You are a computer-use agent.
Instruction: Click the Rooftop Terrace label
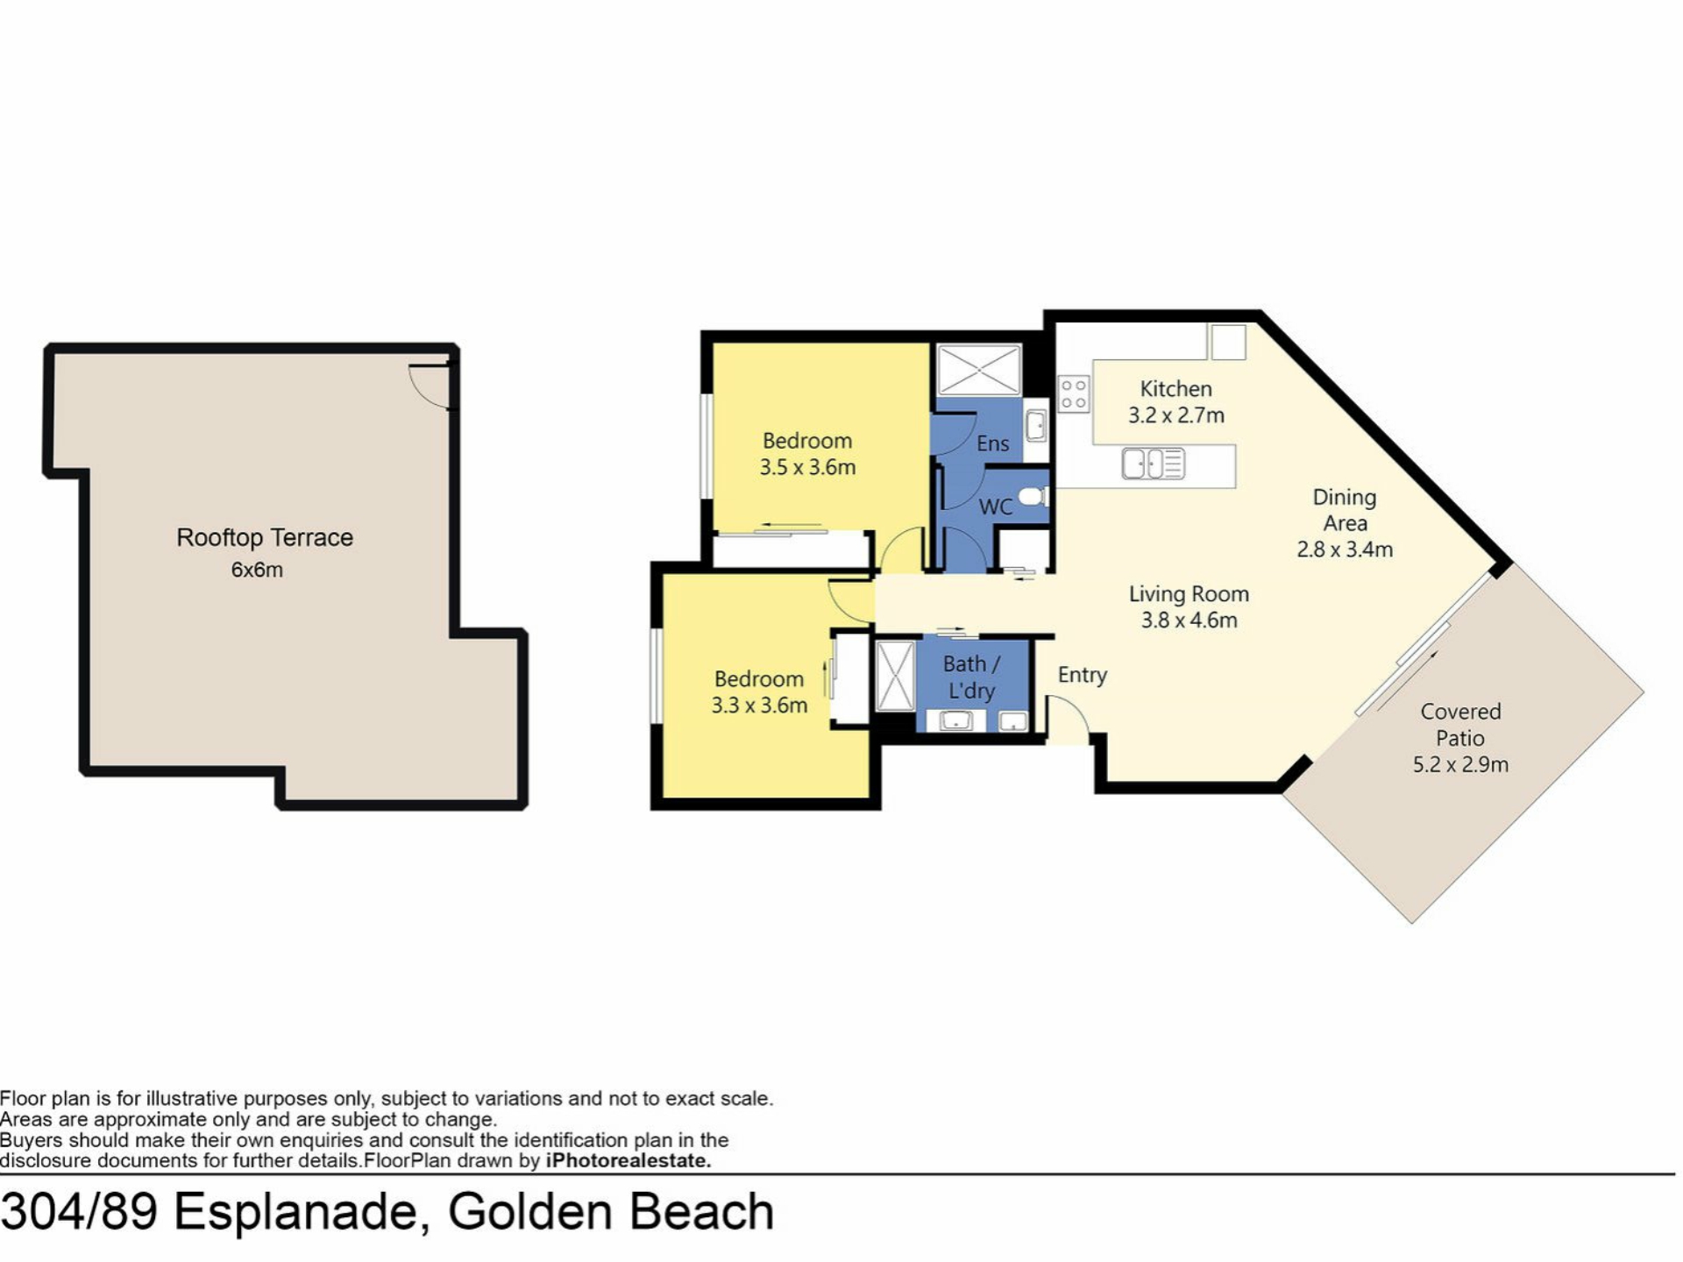[x=265, y=537]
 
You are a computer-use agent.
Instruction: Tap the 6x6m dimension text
[x=257, y=570]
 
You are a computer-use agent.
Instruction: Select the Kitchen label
[x=1175, y=389]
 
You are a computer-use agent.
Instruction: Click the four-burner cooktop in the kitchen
[x=1074, y=393]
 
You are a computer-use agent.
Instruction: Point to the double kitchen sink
[x=1154, y=464]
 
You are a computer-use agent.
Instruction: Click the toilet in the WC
[x=1034, y=497]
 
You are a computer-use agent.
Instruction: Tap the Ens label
[x=993, y=443]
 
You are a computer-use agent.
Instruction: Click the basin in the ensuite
[x=1036, y=426]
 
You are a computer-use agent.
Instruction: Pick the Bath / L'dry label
[x=971, y=677]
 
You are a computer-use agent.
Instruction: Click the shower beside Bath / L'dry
[x=895, y=676]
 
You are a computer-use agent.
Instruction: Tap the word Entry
[x=1083, y=675]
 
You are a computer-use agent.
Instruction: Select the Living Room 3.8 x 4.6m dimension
[x=1189, y=620]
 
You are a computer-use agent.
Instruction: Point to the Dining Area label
[x=1345, y=510]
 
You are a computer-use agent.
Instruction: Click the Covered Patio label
[x=1460, y=725]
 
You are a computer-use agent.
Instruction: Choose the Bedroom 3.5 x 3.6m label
[x=807, y=454]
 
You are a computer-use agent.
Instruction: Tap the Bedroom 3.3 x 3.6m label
[x=759, y=692]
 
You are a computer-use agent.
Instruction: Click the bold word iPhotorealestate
[x=628, y=1161]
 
